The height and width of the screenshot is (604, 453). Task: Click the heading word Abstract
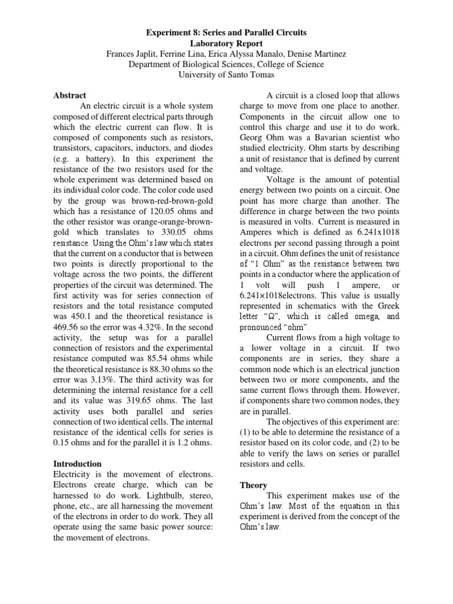pos(70,95)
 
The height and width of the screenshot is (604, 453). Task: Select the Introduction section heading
pos(77,464)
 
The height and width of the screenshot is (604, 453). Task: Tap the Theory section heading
pos(254,485)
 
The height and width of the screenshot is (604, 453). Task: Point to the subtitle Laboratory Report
pos(226,43)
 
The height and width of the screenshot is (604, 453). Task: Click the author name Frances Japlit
pos(133,54)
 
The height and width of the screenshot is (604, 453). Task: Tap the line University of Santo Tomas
pos(226,75)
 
